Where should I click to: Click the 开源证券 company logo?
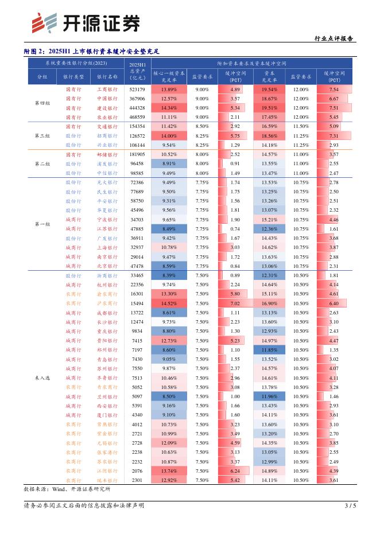pos(86,23)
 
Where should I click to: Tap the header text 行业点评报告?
pos(335,38)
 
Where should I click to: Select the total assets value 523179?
pos(137,90)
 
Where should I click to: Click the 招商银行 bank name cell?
pos(107,136)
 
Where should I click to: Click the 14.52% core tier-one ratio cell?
pos(169,303)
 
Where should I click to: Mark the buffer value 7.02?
pos(235,303)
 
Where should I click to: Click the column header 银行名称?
pos(107,76)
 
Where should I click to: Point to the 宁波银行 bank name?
pos(107,220)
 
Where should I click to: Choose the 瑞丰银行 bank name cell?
pos(107,480)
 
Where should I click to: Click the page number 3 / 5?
pos(350,505)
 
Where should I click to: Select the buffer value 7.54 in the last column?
pos(334,90)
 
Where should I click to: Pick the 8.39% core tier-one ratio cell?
pos(169,276)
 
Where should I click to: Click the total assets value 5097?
pos(137,396)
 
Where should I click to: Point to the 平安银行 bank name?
pos(107,201)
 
